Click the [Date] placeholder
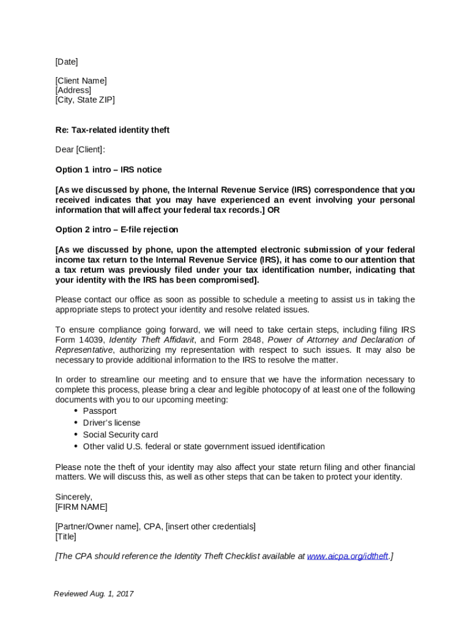67,62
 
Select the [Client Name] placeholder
81,81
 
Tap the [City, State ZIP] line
85,100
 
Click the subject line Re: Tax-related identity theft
113,130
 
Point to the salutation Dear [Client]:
80,150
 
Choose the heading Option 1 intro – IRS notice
108,170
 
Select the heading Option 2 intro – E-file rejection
117,230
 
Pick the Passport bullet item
100,411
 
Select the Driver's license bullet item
111,423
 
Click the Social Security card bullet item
121,435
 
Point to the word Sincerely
73,498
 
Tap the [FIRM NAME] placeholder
81,507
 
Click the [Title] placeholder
66,537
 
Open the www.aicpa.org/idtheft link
347,556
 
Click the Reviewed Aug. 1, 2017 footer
94,594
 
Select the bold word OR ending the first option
274,210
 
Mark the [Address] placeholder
73,90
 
